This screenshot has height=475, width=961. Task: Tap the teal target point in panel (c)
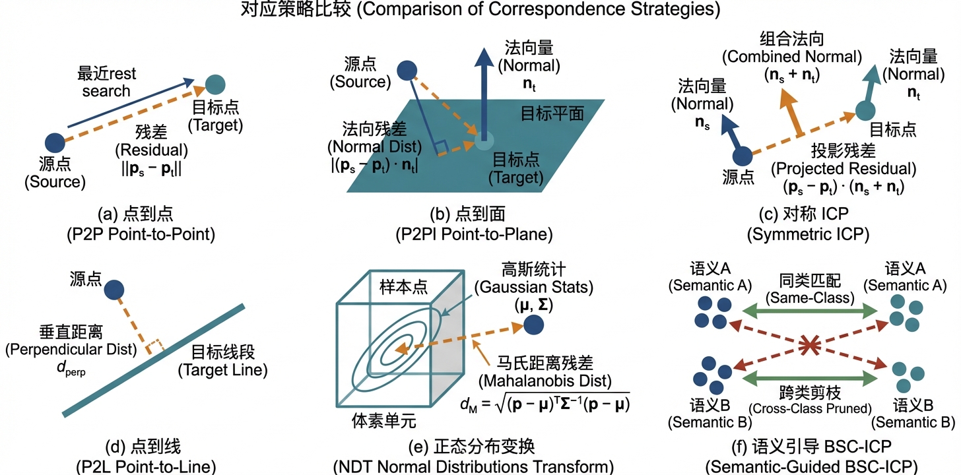click(865, 111)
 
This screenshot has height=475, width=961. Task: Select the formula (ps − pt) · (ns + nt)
click(844, 187)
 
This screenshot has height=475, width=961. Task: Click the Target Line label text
click(222, 371)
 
